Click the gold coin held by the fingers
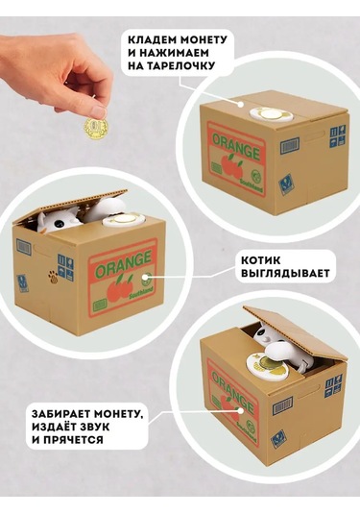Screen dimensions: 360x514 point(96,127)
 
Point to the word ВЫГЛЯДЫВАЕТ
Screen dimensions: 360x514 point(285,273)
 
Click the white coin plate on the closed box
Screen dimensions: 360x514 point(272,114)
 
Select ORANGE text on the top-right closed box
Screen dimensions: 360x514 point(236,147)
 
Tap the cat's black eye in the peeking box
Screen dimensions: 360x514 point(58,223)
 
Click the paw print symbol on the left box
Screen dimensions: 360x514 point(53,277)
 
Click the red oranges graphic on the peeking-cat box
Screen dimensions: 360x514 point(119,286)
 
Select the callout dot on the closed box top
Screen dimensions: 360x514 point(241,105)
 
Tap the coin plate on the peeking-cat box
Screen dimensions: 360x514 point(124,220)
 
